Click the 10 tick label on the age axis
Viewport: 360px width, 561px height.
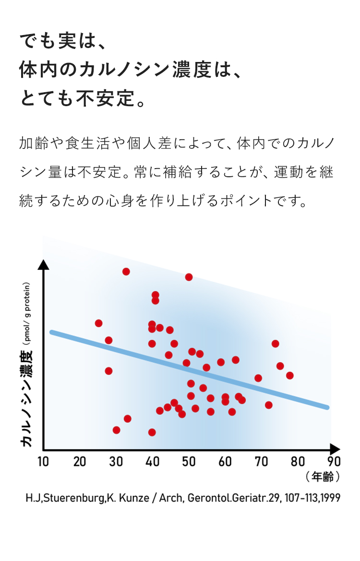point(43,462)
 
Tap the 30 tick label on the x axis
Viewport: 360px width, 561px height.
point(116,462)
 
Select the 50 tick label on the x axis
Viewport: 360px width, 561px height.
point(189,462)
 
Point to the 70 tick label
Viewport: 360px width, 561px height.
point(262,462)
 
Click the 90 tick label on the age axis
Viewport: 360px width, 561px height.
point(334,462)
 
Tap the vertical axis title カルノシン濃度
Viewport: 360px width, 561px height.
point(27,399)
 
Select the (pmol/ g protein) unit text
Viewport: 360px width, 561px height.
point(27,315)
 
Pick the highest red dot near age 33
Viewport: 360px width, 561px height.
point(126,271)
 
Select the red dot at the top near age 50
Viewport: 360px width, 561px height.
point(189,277)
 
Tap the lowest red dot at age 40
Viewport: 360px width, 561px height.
point(152,432)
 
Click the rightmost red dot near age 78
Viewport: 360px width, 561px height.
point(289,376)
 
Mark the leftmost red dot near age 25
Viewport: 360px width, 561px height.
point(99,323)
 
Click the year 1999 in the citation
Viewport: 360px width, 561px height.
point(330,498)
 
